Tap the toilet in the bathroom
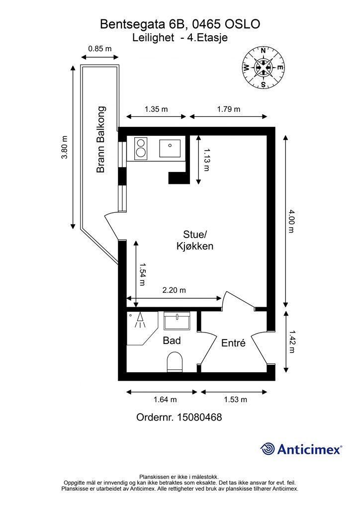tap(175, 362)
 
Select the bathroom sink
tap(177, 321)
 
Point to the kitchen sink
tap(170, 148)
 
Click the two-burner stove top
tap(141, 148)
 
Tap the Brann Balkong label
tap(101, 140)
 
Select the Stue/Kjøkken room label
tap(195, 240)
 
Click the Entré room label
tap(233, 343)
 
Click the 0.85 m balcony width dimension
tap(99, 49)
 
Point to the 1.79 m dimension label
tap(228, 109)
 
